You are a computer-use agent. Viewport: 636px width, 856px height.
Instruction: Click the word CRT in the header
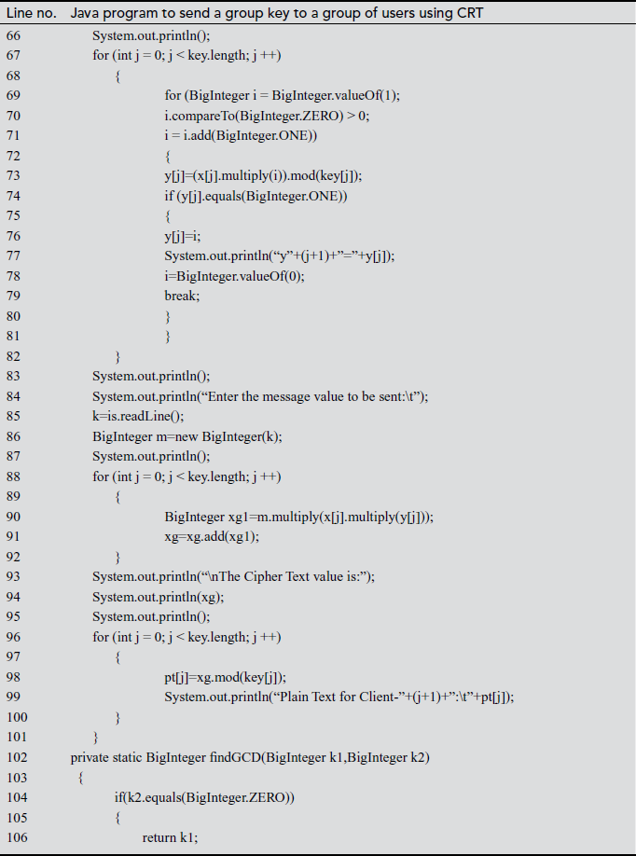coord(466,14)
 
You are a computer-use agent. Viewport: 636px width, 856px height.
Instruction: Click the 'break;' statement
coord(182,296)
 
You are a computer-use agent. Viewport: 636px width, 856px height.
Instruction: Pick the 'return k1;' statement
coord(171,837)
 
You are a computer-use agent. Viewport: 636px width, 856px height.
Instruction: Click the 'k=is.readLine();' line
coord(138,416)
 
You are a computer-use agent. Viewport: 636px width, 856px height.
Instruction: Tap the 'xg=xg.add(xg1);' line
coord(212,536)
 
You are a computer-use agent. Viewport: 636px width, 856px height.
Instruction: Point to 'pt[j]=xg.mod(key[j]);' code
coord(225,677)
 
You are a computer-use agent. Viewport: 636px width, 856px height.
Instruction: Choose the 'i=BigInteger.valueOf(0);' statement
coord(235,276)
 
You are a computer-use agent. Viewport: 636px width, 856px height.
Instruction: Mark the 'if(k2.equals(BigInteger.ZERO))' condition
coord(203,797)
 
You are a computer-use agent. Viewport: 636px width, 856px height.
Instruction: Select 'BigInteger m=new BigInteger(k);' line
coord(187,436)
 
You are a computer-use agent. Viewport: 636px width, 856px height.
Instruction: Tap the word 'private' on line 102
coord(90,757)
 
